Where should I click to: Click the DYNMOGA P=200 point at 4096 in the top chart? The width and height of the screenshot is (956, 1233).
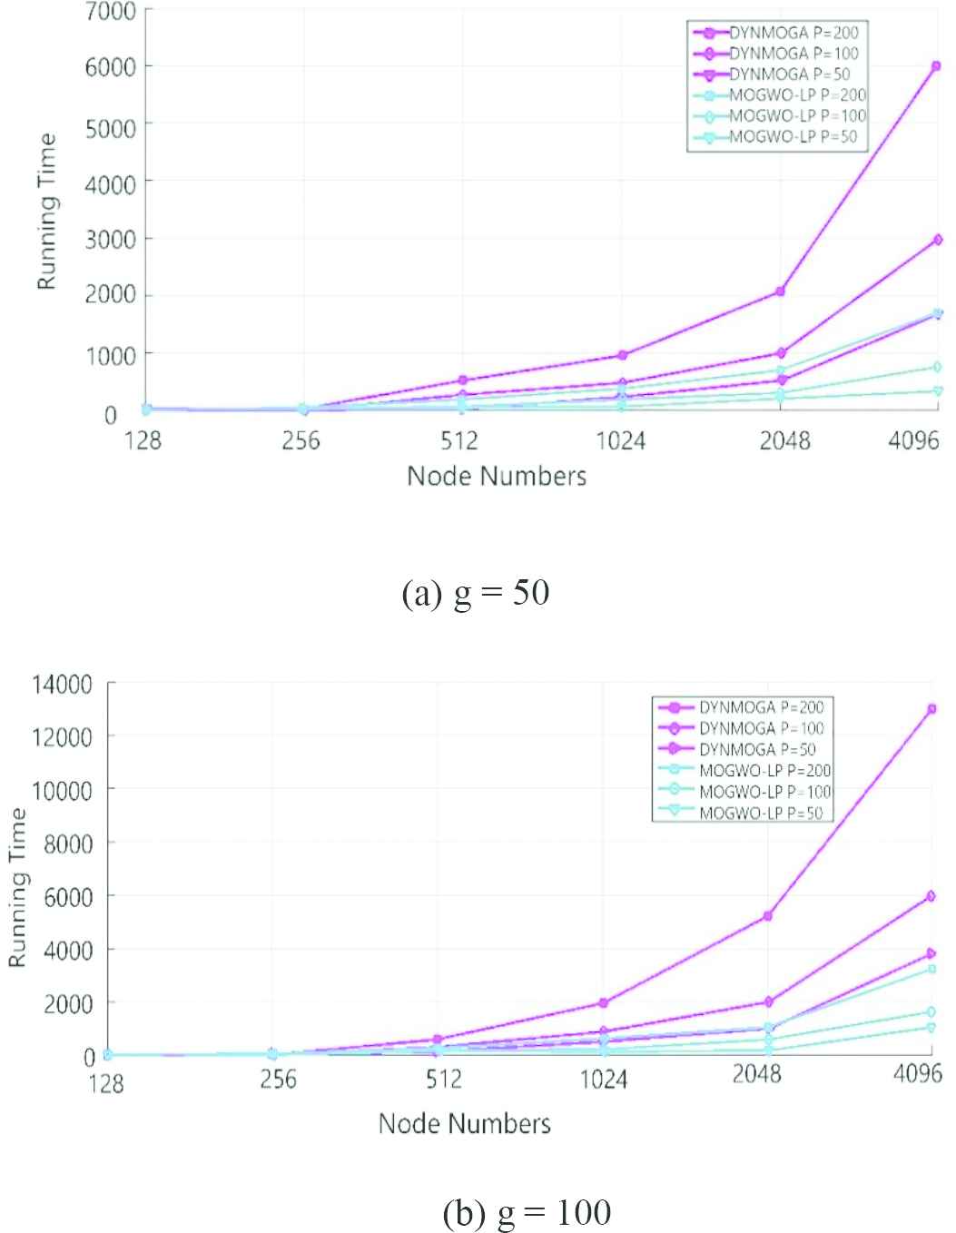click(936, 66)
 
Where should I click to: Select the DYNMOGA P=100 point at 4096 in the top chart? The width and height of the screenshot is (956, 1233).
click(936, 240)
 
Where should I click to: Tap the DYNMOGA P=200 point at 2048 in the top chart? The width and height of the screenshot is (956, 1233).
click(780, 291)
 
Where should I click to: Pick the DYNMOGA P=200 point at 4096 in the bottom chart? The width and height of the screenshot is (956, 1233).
click(931, 709)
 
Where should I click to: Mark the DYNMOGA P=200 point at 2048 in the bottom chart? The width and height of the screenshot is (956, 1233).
click(768, 916)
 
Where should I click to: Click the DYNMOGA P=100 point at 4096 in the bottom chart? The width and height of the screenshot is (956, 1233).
click(931, 896)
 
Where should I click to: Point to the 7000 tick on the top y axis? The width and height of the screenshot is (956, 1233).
click(112, 12)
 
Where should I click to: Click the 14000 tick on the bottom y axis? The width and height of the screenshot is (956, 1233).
click(63, 685)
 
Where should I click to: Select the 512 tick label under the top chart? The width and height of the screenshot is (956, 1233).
click(459, 441)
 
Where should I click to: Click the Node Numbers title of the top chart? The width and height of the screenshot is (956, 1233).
click(497, 476)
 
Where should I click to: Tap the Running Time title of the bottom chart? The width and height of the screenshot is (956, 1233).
click(18, 888)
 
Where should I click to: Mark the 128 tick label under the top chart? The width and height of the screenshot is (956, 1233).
click(143, 441)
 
